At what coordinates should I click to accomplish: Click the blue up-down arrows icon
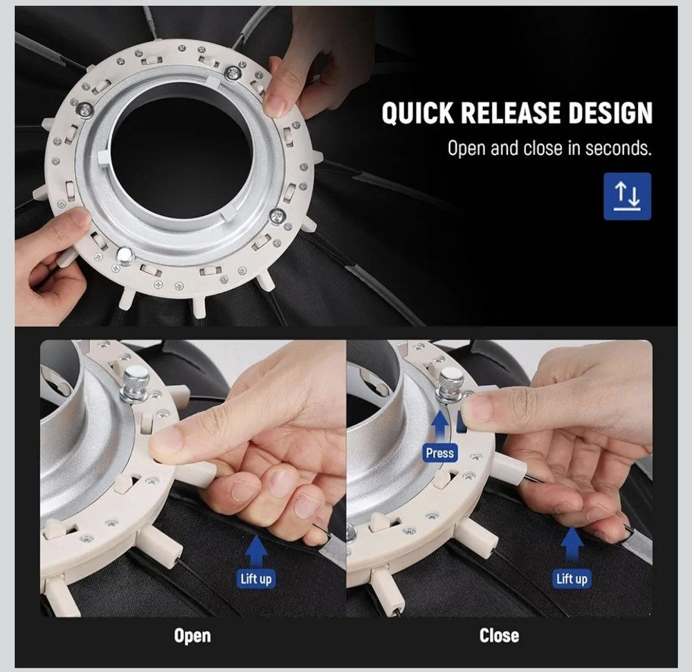[627, 196]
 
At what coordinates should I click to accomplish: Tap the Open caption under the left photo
[192, 636]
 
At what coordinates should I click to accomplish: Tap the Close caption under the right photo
[499, 635]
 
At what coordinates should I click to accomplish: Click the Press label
[440, 453]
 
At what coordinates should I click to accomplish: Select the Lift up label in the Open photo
[256, 579]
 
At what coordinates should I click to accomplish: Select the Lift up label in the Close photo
[572, 579]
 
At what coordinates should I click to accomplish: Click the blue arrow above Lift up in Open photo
[256, 551]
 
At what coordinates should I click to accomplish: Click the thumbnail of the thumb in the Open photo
[166, 441]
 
